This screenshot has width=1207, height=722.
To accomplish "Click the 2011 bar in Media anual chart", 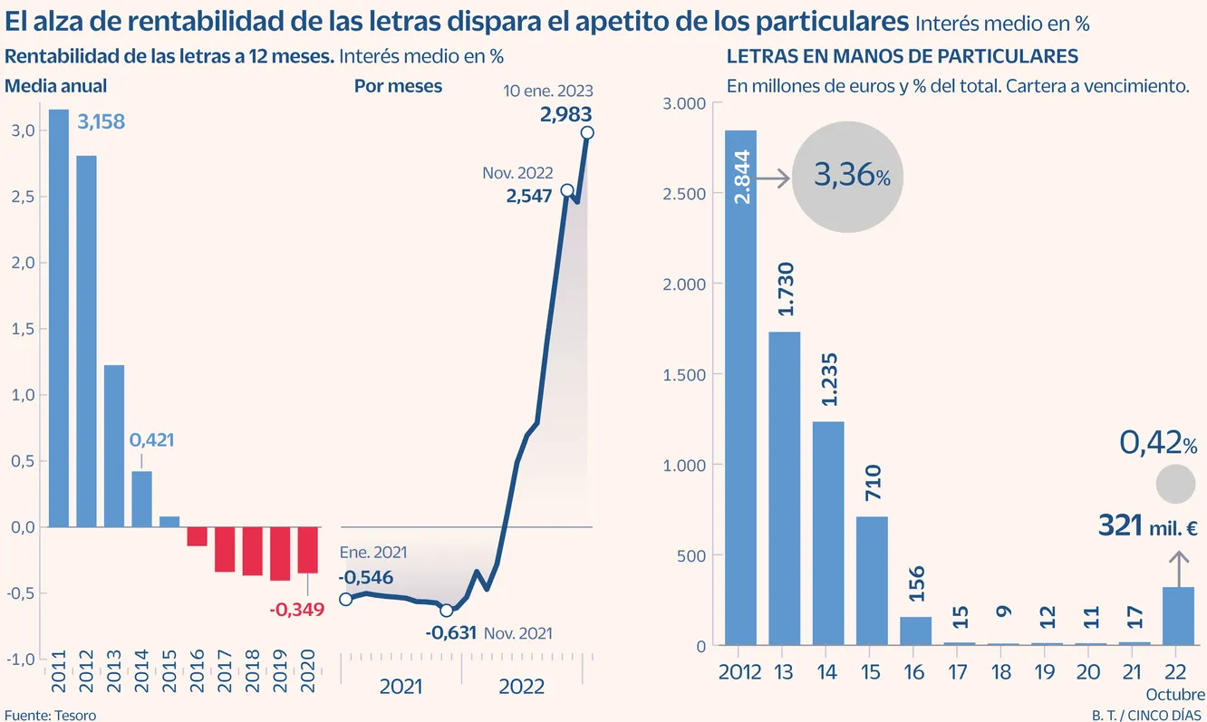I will (x=59, y=317).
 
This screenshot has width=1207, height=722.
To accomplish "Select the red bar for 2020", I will (x=308, y=550).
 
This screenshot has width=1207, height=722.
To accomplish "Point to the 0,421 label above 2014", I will (x=151, y=440).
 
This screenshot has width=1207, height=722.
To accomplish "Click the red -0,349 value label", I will (x=296, y=609).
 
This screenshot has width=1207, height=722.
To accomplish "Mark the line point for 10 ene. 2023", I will (x=587, y=132).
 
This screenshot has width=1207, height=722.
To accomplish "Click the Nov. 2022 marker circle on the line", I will (x=567, y=190).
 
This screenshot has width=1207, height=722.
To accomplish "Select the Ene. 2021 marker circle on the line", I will (x=344, y=599).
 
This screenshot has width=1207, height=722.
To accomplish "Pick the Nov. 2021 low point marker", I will (x=446, y=611).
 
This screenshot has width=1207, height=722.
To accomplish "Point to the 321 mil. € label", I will (x=1148, y=525).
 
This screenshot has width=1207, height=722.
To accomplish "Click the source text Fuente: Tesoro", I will (x=50, y=715).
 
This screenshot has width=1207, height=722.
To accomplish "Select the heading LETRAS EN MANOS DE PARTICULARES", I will (x=902, y=56).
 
